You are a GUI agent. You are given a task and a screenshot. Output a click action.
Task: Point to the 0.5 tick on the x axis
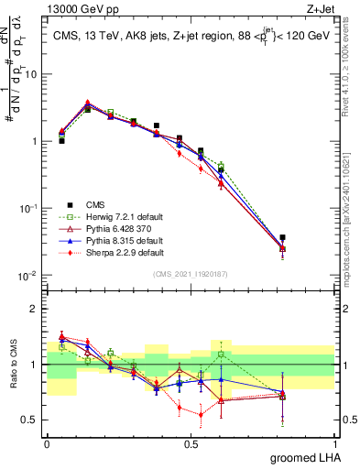pos(191,443)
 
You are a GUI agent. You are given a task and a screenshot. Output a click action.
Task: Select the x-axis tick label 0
pos(47,443)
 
